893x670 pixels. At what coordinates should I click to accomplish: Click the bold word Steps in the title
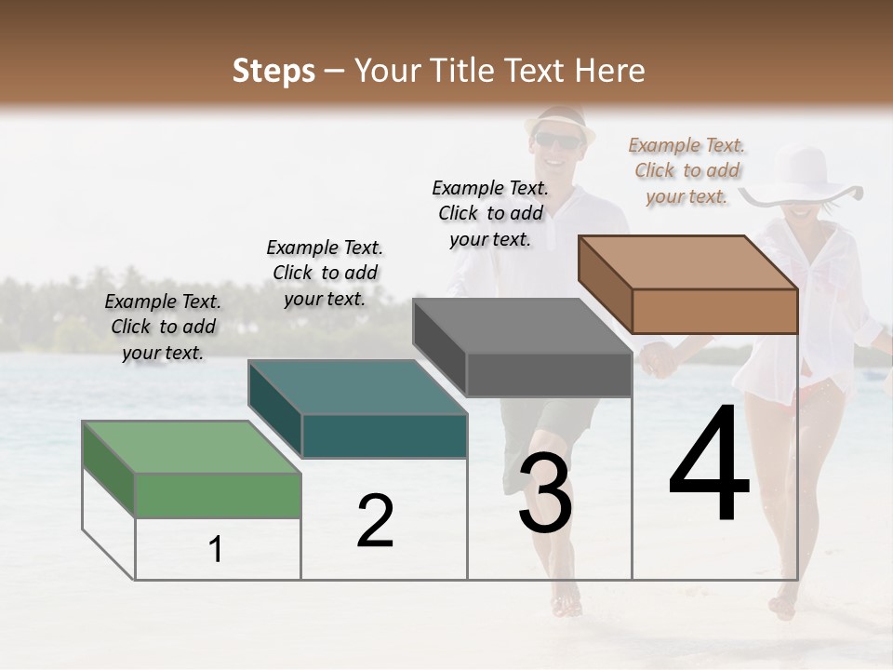point(273,71)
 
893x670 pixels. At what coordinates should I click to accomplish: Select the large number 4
point(709,465)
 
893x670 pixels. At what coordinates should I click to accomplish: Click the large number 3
point(545,493)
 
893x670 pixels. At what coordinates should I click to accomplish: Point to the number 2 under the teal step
point(376,521)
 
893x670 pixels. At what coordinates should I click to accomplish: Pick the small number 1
point(216,550)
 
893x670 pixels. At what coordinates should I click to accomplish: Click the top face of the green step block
point(192,446)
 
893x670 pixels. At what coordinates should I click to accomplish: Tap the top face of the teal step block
point(357,386)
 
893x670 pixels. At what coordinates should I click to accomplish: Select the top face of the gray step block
point(523,326)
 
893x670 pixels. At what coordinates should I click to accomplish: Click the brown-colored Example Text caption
point(686,170)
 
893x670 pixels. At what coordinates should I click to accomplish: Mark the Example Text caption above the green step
point(163,327)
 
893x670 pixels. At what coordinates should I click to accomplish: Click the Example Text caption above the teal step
point(325,273)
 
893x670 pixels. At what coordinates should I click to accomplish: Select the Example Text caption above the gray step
point(490,213)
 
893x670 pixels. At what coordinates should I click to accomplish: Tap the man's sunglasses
point(556,141)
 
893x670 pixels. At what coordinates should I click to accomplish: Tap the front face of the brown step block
point(714,311)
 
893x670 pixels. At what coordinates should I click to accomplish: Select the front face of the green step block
point(218,495)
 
